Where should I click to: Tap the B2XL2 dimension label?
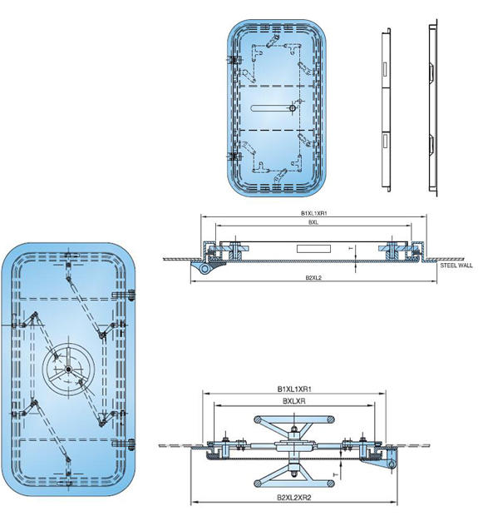313,276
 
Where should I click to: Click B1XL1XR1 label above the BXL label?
313,213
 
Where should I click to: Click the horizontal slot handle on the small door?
271,107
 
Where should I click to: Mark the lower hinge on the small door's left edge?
233,155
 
